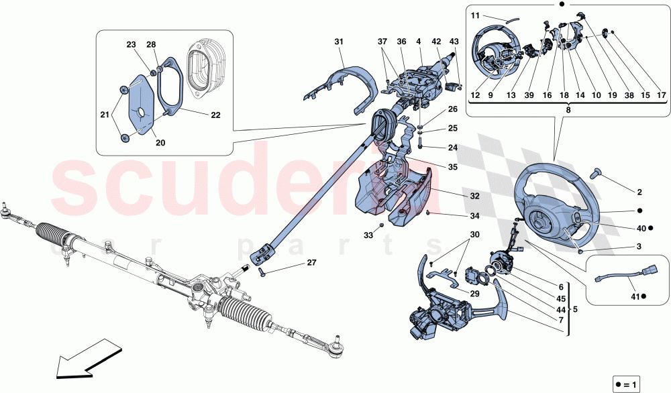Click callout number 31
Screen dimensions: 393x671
338,42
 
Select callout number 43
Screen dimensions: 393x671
454,42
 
